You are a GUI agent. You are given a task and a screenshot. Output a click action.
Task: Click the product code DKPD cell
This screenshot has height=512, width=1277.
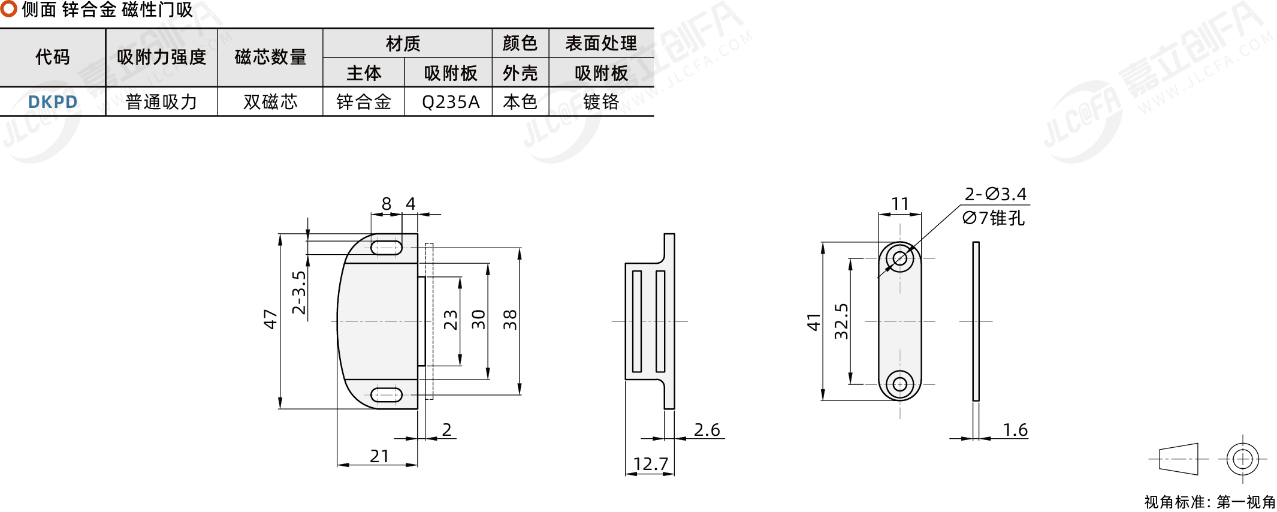pyautogui.click(x=53, y=102)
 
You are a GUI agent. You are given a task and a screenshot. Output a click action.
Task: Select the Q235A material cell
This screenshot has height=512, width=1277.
pyautogui.click(x=451, y=102)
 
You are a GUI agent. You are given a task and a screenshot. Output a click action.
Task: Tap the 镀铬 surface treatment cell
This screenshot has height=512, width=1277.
pyautogui.click(x=601, y=102)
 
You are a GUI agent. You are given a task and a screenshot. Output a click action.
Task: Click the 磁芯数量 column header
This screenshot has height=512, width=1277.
pyautogui.click(x=270, y=57)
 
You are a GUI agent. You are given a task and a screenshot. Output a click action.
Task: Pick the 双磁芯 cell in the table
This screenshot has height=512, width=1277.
pyautogui.click(x=270, y=102)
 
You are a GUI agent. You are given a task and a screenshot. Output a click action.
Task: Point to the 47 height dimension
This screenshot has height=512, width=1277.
pyautogui.click(x=270, y=319)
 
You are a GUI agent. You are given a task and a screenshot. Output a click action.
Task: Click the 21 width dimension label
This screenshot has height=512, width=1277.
pyautogui.click(x=379, y=456)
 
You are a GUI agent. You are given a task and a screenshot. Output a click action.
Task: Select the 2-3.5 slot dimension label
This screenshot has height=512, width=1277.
pyautogui.click(x=298, y=293)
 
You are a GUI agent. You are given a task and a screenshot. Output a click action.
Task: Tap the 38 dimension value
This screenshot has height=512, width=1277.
pyautogui.click(x=509, y=320)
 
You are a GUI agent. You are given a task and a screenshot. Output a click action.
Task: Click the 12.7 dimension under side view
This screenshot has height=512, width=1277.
pyautogui.click(x=650, y=464)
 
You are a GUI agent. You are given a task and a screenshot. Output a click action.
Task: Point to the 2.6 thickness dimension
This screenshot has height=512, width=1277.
pyautogui.click(x=707, y=430)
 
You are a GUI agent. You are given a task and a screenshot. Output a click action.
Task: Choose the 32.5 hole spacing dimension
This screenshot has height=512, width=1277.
pyautogui.click(x=841, y=321)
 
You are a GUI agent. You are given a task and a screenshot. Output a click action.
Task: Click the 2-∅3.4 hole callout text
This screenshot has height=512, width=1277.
pyautogui.click(x=995, y=194)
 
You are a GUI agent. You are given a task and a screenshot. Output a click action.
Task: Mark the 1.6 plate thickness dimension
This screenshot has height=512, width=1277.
pyautogui.click(x=1015, y=430)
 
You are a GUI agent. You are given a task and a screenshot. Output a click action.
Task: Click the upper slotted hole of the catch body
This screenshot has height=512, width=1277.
pyautogui.click(x=387, y=247)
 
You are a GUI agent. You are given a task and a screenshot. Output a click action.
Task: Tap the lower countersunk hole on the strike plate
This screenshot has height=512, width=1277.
pyautogui.click(x=900, y=383)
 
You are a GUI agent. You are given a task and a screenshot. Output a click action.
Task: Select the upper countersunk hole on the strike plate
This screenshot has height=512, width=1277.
pyautogui.click(x=900, y=258)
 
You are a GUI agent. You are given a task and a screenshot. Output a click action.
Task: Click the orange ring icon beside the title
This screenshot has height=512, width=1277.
pyautogui.click(x=8, y=8)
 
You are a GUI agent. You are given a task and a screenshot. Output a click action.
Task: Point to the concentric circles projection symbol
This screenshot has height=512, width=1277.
pyautogui.click(x=1243, y=459)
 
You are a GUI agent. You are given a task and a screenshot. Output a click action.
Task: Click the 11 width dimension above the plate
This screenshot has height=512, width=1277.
pyautogui.click(x=900, y=204)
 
